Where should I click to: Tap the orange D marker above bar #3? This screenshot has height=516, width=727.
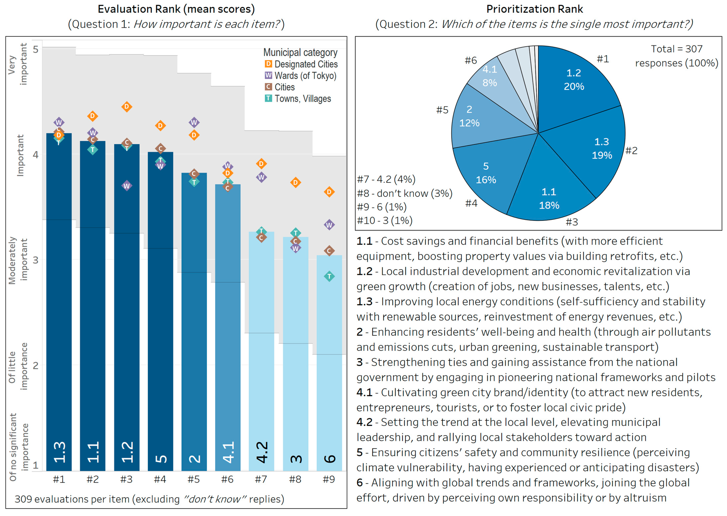tap(127, 107)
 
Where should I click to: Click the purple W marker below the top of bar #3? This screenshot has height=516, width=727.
tap(127, 186)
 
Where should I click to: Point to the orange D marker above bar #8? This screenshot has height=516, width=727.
tap(295, 182)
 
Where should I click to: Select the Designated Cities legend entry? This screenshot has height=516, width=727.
tap(301, 64)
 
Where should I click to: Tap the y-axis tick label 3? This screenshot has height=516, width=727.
tap(35, 260)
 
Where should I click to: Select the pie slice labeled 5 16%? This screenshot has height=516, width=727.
tap(486, 173)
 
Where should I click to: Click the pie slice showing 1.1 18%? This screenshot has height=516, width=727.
tap(549, 199)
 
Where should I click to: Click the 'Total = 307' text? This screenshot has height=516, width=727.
tap(676, 49)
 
